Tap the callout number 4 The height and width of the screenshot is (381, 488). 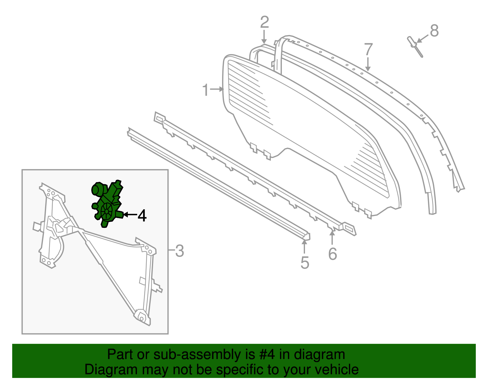point(142,215)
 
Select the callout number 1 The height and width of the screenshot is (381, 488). point(206,90)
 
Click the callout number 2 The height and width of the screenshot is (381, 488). point(264,23)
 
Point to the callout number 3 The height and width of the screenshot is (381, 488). point(180,251)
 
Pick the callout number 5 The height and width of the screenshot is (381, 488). point(305,263)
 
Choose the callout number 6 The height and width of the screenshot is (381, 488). point(332,254)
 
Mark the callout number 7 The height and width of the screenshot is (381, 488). point(368,49)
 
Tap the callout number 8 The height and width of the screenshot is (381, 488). point(434,31)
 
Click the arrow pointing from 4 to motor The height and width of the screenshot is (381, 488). point(129,215)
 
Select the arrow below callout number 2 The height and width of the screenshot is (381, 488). point(264,38)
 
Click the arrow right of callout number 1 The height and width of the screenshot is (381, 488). point(217,89)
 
